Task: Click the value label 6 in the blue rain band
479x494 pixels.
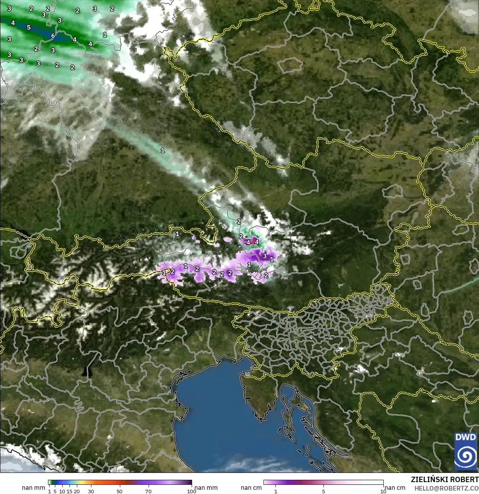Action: (x=53, y=36)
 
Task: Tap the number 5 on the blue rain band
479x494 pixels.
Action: (x=29, y=27)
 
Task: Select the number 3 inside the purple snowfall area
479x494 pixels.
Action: (x=265, y=256)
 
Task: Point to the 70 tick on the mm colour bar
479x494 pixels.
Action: (x=148, y=491)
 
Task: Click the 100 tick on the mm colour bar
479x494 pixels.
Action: (x=191, y=491)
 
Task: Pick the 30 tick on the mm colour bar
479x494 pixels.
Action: (x=91, y=491)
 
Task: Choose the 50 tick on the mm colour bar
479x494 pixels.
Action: (x=119, y=491)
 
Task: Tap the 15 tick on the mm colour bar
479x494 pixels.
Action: (x=70, y=491)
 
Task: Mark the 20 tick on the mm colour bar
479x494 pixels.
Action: (x=77, y=491)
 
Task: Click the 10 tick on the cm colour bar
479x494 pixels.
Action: (x=383, y=491)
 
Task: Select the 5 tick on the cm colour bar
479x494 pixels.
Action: (x=323, y=491)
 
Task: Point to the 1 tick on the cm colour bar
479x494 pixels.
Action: (x=275, y=491)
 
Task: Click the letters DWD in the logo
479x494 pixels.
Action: (x=465, y=437)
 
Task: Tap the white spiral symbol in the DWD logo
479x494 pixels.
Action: (x=465, y=456)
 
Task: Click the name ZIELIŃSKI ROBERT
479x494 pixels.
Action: (x=444, y=479)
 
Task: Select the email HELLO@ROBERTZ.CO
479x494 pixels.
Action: (x=446, y=488)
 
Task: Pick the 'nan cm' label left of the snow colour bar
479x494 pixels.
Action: (x=251, y=487)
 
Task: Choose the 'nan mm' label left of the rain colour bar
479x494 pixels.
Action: (x=33, y=487)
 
